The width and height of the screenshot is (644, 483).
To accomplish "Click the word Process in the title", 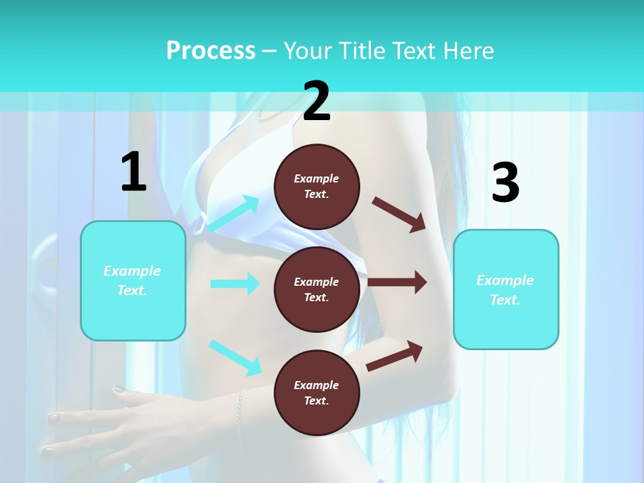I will [211, 50].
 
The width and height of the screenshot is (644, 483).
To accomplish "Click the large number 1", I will [133, 172].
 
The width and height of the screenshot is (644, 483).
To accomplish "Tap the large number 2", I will [317, 101].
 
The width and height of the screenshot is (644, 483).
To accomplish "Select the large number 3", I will [505, 182].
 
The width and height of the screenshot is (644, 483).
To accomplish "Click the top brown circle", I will [317, 186].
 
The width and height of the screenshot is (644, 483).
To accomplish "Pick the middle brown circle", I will [317, 289].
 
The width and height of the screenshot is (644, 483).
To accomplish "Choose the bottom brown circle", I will [317, 392].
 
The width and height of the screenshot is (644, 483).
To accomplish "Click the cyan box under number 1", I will [133, 280].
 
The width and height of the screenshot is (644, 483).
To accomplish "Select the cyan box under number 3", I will [506, 290].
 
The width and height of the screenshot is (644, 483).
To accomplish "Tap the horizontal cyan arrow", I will [235, 284].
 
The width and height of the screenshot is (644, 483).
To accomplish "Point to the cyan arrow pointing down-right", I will [235, 358].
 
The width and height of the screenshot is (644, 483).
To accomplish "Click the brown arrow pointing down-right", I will [399, 214].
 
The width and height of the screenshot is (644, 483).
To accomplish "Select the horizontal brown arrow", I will [397, 282].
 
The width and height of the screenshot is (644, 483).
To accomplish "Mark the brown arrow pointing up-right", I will [394, 356].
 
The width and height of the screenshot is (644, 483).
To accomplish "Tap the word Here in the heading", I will [470, 50].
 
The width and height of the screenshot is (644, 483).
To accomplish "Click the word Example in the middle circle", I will [317, 282].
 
